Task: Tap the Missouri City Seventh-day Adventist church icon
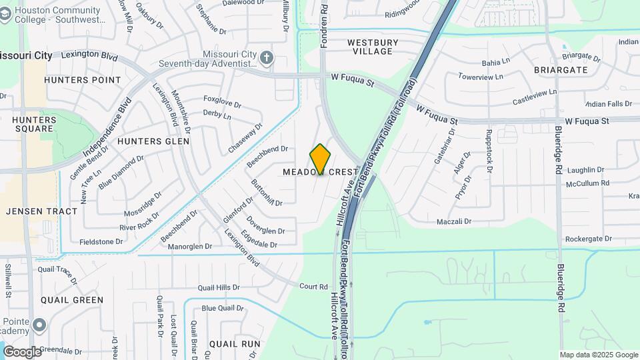[x=266, y=57]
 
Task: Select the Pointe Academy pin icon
[x=40, y=325]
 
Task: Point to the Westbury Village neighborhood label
[x=373, y=47]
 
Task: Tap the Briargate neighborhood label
[x=560, y=69]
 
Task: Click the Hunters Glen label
[x=153, y=141]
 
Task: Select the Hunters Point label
[x=83, y=80]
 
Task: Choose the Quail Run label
[x=235, y=344]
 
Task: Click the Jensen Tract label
[x=41, y=211]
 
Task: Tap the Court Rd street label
[x=313, y=287]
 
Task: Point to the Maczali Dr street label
[x=454, y=221]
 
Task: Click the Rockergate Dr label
[x=589, y=239]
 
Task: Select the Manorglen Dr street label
[x=190, y=246]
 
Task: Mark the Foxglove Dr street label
[x=222, y=105]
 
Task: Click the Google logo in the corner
[x=22, y=351]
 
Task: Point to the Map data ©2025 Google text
[x=598, y=355]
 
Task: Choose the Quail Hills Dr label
[x=219, y=287]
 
